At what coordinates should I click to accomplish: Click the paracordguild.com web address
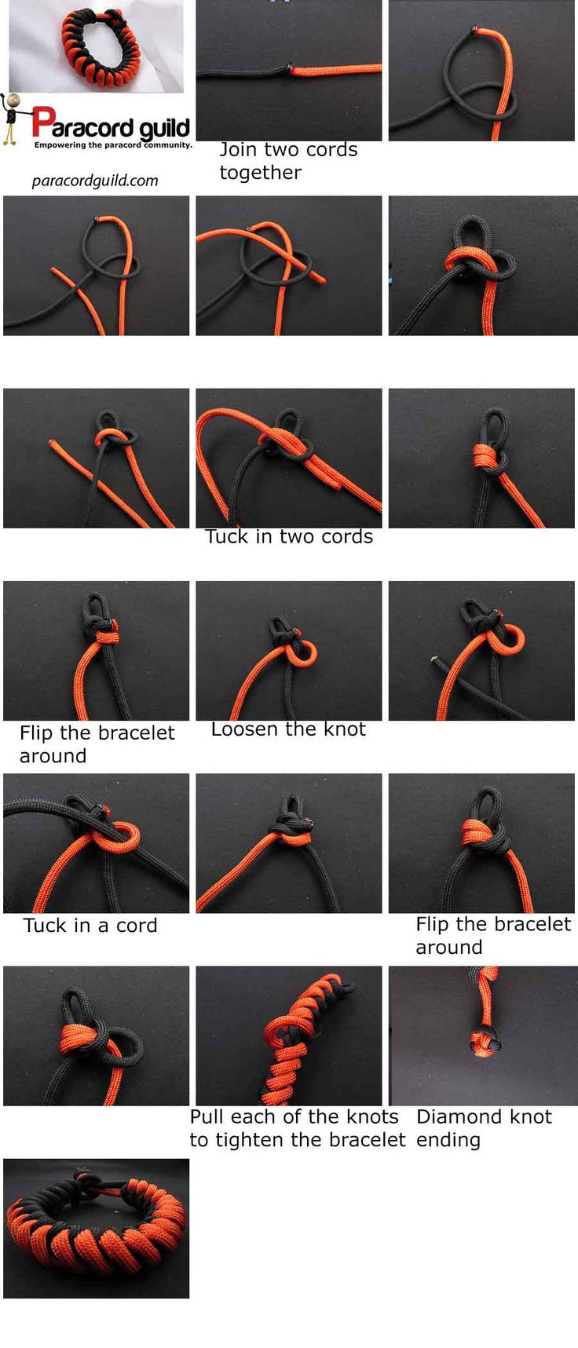pos(95,181)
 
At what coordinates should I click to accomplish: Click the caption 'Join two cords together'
pos(288,161)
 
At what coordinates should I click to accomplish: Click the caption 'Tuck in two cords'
pos(289,537)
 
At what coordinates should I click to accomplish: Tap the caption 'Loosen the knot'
pos(288,729)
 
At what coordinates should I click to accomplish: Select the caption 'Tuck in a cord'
pos(90,926)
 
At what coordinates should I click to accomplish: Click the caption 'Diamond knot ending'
pos(484,1128)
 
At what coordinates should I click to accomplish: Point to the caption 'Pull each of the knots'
pos(294,1117)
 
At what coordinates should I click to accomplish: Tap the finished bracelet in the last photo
pos(96,1229)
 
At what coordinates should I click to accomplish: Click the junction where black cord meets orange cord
pos(290,69)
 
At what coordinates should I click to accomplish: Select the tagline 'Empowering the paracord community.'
pos(113,145)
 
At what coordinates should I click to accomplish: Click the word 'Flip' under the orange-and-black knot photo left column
pos(37,733)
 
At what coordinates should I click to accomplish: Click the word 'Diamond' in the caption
pos(452,1117)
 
